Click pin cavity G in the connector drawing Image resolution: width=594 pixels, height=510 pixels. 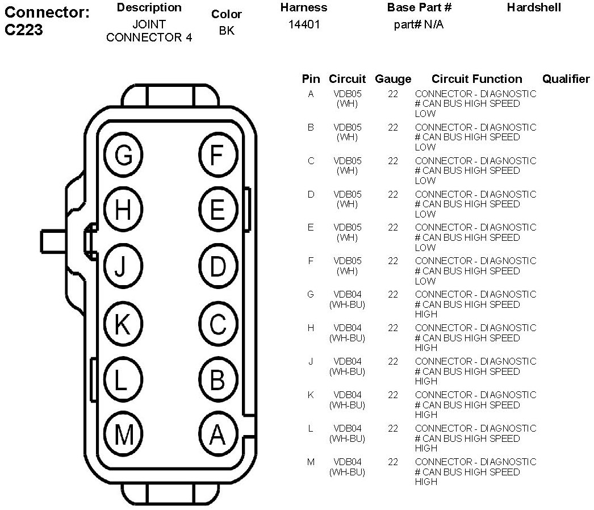123,154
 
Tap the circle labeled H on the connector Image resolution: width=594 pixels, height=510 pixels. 123,211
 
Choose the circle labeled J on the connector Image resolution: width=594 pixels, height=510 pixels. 123,267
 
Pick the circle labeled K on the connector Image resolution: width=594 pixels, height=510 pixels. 123,324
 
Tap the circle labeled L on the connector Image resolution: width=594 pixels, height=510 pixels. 123,380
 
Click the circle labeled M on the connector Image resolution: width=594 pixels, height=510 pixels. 123,435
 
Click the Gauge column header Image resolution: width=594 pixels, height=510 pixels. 393,79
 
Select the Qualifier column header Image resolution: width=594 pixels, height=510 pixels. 566,79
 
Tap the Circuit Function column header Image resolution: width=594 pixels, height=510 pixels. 476,79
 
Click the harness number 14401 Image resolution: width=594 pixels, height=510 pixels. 304,25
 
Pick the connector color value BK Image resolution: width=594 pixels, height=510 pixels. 226,31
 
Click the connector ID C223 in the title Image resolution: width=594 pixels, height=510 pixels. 24,30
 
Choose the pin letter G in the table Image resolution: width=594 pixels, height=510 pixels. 311,294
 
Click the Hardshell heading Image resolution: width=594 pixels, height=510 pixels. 534,7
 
